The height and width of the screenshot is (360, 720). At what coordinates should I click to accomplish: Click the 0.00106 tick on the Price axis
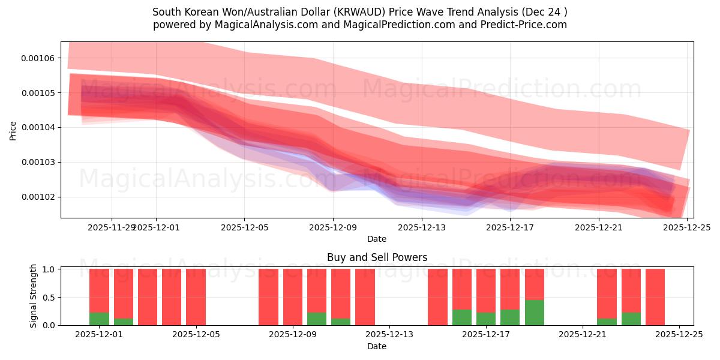38,58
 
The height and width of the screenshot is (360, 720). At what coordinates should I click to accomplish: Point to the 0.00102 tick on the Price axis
38,197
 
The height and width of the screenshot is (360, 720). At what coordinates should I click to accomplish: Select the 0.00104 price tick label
38,127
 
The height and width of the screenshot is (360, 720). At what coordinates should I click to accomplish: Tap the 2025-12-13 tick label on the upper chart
422,227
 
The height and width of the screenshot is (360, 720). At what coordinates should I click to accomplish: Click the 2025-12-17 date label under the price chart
510,227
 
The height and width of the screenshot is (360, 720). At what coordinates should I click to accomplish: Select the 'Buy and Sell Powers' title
377,257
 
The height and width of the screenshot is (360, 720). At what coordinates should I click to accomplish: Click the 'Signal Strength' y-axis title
34,296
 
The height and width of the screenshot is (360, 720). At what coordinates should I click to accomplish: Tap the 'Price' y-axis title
13,130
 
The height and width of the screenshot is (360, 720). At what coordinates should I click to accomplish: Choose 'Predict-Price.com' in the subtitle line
525,25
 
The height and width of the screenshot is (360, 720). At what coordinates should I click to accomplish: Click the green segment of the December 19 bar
534,313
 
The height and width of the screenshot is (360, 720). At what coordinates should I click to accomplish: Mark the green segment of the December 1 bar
99,319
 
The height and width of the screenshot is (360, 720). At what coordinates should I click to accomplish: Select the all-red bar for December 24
655,297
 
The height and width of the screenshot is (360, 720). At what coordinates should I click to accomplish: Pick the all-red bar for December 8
268,297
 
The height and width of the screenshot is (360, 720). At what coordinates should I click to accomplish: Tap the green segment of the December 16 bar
461,317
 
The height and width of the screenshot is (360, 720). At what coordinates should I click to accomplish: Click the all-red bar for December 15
437,297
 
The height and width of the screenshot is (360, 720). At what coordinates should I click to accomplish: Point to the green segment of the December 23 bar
631,319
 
